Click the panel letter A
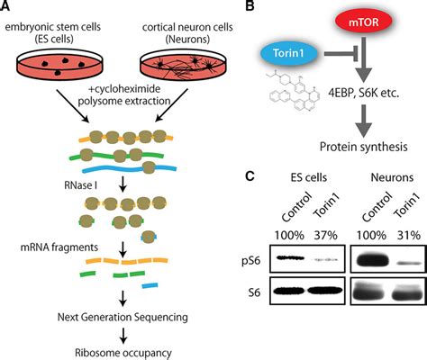7,8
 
